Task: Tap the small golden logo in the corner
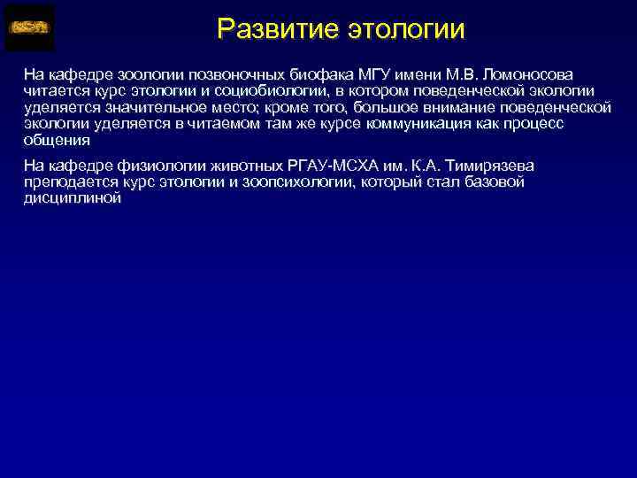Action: [29, 27]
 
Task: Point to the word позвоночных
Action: [215, 73]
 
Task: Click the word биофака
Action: [298, 73]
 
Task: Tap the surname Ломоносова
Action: [526, 73]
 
